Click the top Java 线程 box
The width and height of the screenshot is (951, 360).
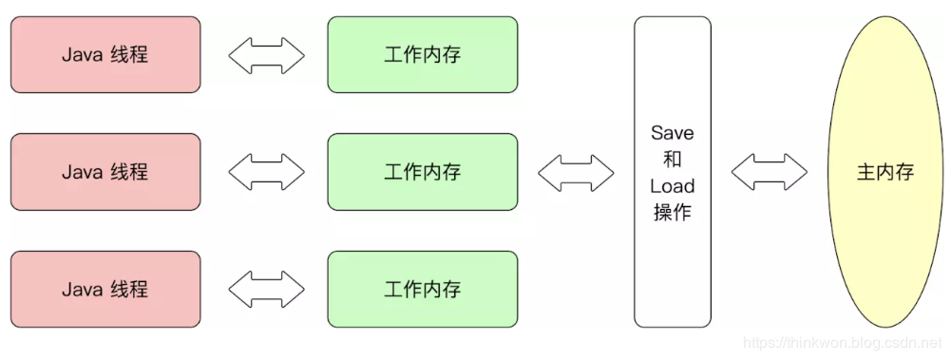(x=105, y=54)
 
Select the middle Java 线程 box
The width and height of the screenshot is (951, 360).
(x=105, y=172)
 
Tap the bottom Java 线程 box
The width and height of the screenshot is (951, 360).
(x=105, y=290)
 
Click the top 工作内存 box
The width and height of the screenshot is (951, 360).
(x=423, y=54)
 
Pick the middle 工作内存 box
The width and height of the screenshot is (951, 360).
(x=423, y=172)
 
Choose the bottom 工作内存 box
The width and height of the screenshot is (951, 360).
(x=423, y=290)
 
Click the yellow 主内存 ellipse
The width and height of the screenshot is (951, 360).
(x=885, y=172)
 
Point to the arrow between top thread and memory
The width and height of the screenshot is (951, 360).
(x=266, y=55)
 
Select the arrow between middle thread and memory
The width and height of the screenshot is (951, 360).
(x=266, y=172)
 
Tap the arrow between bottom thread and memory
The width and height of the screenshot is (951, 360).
(x=266, y=290)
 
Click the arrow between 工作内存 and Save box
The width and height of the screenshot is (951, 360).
(x=576, y=172)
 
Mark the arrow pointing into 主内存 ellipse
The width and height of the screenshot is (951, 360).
(x=769, y=172)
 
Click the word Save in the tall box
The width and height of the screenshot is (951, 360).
(x=673, y=133)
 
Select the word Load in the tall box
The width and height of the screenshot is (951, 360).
(x=673, y=186)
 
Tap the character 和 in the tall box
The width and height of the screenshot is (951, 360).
(x=673, y=160)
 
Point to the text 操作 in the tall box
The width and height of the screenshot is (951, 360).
(x=673, y=213)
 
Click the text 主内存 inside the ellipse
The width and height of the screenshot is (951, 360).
(x=885, y=173)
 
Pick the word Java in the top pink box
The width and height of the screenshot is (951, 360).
(x=82, y=54)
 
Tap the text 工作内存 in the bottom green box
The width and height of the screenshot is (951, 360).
(x=423, y=290)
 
